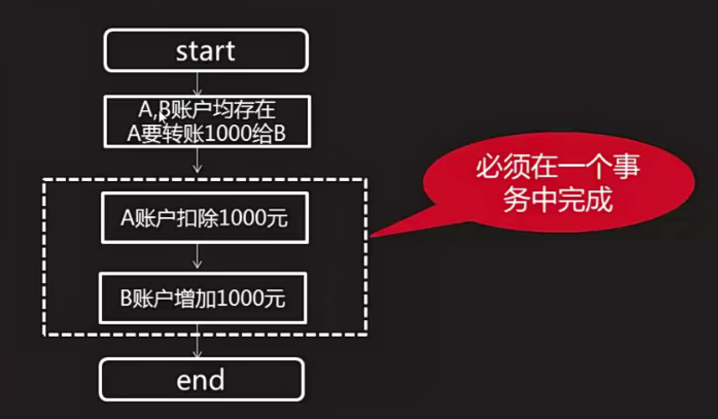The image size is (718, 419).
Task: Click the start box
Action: pos(206,50)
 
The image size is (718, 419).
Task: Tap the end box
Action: pos(201,379)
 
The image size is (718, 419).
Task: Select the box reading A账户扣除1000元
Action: pos(205,218)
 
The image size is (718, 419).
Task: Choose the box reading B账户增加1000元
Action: pos(203,298)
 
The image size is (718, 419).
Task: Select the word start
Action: pos(205,50)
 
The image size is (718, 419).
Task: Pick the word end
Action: pos(201,380)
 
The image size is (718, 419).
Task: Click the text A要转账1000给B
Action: pos(206,134)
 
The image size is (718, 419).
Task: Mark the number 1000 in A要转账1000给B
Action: pos(230,134)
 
